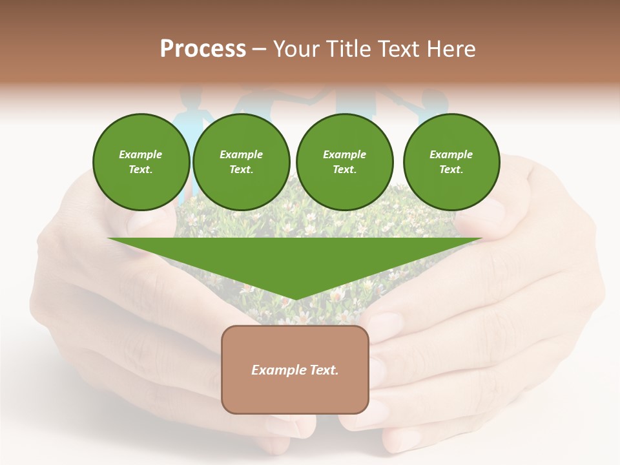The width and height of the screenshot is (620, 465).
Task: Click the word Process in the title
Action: [x=203, y=49]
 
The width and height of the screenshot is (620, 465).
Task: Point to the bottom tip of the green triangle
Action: [x=295, y=299]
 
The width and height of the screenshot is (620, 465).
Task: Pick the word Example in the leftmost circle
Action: [x=141, y=154]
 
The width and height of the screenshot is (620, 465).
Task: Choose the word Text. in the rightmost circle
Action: [x=451, y=169]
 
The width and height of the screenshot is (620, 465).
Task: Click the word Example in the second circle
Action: [x=241, y=154]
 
